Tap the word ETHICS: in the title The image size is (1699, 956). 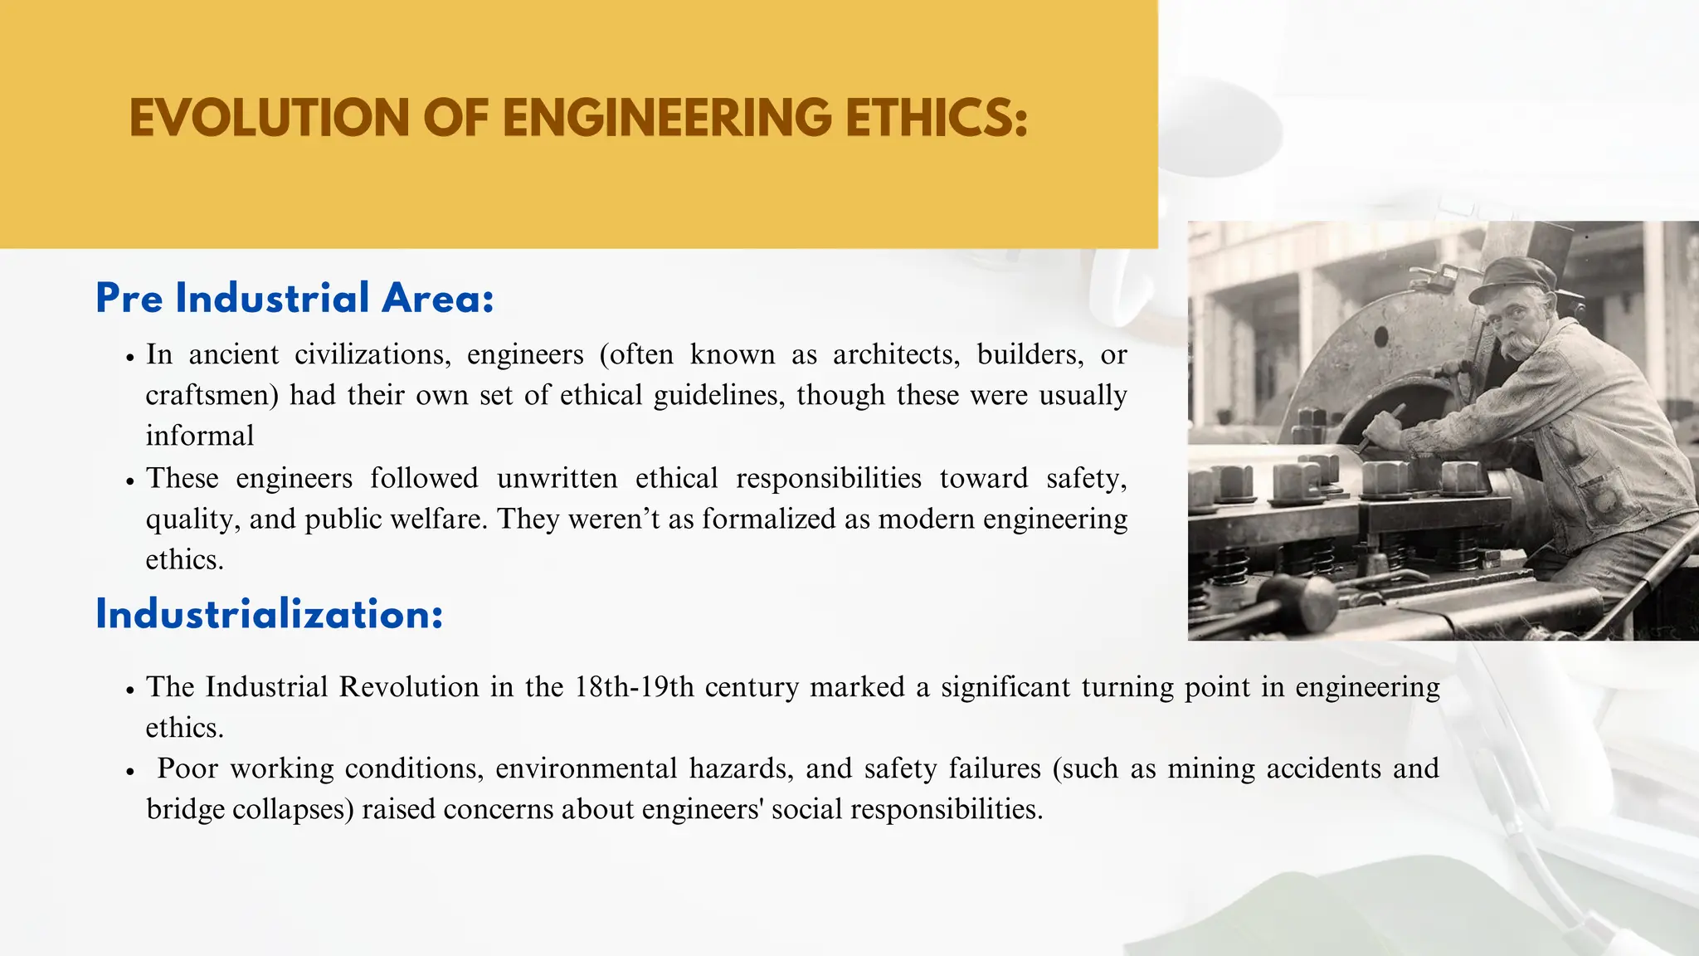click(937, 118)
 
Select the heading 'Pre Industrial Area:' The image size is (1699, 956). click(295, 298)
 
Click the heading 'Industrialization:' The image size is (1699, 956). click(270, 615)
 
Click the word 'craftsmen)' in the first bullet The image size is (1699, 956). click(212, 395)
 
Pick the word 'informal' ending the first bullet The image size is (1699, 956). click(200, 436)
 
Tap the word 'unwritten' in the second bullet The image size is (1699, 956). click(557, 478)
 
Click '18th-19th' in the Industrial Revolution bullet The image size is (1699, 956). click(634, 687)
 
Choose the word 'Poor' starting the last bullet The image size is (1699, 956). click(187, 768)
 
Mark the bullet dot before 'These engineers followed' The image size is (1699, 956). click(129, 481)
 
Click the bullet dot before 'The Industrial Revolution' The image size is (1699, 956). click(129, 690)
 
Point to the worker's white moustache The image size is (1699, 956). click(1520, 340)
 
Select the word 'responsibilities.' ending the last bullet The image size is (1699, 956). click(947, 809)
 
